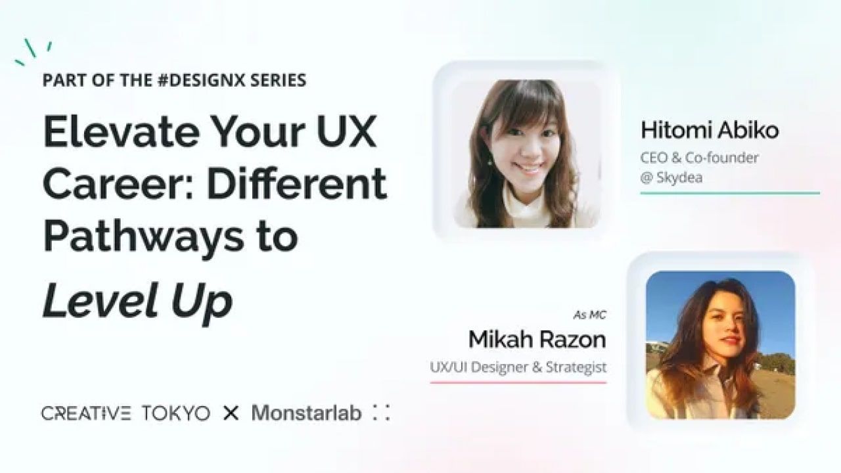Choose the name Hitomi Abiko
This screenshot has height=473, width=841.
pyautogui.click(x=710, y=130)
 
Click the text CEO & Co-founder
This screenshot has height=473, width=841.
pyautogui.click(x=699, y=158)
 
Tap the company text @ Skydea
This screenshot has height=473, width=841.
pyautogui.click(x=671, y=177)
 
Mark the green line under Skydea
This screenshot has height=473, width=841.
pyautogui.click(x=730, y=193)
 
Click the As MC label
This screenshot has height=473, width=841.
pyautogui.click(x=589, y=315)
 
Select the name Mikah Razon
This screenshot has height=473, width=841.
pyautogui.click(x=537, y=340)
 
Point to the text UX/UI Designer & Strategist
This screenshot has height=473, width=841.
pyautogui.click(x=518, y=367)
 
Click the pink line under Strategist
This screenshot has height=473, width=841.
pyautogui.click(x=518, y=382)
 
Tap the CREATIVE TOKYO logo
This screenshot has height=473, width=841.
pyautogui.click(x=125, y=414)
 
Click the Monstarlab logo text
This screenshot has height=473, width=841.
pyautogui.click(x=306, y=413)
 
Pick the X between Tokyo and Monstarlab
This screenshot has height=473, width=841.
pyautogui.click(x=231, y=413)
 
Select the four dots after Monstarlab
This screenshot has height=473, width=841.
pyautogui.click(x=381, y=413)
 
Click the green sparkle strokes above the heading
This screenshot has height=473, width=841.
pyautogui.click(x=34, y=51)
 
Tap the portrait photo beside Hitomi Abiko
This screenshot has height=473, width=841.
pyautogui.click(x=526, y=154)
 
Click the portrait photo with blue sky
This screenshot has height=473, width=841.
pyautogui.click(x=720, y=345)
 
